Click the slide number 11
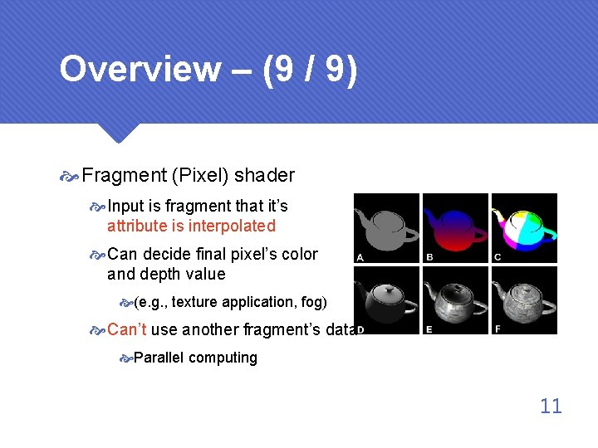[x=551, y=406]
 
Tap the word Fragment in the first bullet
[x=124, y=176]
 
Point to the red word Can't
[x=127, y=329]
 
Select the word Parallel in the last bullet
[x=159, y=358]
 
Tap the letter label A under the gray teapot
[x=360, y=258]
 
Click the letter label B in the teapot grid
[x=429, y=258]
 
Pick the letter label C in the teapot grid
[x=497, y=258]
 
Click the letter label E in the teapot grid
[x=429, y=329]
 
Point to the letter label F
[x=497, y=329]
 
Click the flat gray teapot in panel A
[x=387, y=226]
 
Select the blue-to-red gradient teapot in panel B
[x=456, y=226]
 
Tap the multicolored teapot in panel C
[x=525, y=226]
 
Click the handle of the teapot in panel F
[x=549, y=299]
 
